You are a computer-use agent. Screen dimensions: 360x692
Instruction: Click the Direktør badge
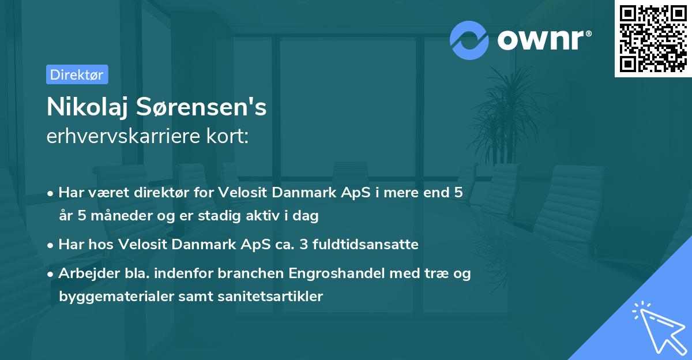coord(77,74)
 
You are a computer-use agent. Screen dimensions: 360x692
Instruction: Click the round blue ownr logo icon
coord(470,40)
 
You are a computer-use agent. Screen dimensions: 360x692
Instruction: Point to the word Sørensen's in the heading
coord(205,107)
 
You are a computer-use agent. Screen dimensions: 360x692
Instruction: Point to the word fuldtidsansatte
coord(376,245)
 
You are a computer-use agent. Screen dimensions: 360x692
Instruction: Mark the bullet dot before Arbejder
coord(51,274)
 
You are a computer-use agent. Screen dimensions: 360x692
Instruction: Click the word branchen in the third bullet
coord(217,273)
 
